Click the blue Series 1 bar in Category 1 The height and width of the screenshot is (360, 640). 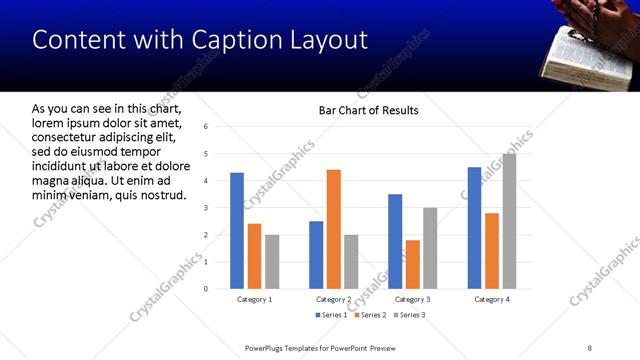point(237,231)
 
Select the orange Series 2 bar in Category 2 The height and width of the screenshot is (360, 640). point(333,229)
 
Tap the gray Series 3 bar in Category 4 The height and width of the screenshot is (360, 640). point(509,221)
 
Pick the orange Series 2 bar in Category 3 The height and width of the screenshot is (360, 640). point(412,264)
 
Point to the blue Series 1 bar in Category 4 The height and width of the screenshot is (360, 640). point(474,228)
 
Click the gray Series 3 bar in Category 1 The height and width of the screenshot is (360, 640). point(272,262)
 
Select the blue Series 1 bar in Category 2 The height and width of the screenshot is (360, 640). point(316,255)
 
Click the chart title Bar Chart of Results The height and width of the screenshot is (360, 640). point(368,110)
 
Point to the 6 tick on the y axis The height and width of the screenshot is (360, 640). point(204,127)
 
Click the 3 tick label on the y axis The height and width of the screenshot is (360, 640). point(204,208)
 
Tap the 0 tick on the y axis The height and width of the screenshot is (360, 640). point(204,289)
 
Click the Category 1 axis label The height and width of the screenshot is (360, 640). point(254,299)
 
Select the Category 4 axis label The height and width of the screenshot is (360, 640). point(491,299)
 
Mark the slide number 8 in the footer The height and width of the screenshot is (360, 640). point(589,347)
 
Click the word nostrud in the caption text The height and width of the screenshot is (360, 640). point(159,193)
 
